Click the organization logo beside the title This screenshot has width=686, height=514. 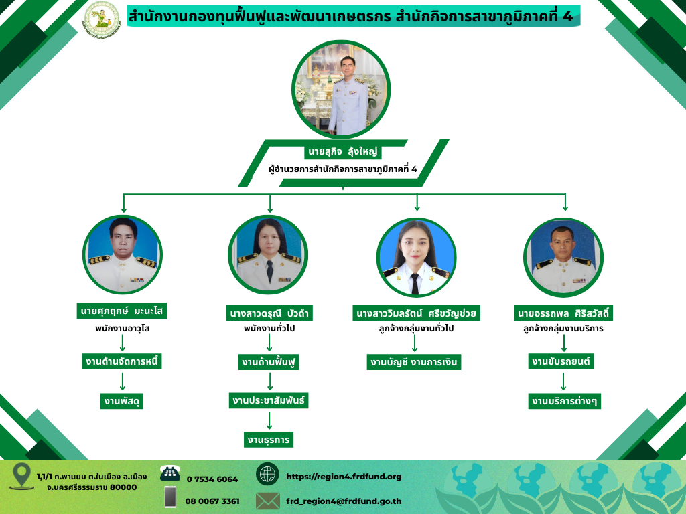pyautogui.click(x=102, y=20)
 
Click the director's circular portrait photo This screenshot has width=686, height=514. pyautogui.click(x=341, y=90)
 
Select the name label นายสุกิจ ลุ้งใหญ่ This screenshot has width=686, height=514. pyautogui.click(x=342, y=152)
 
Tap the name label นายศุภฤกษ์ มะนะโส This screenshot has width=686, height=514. pyautogui.click(x=122, y=311)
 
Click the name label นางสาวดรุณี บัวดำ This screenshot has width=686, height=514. pyautogui.click(x=269, y=313)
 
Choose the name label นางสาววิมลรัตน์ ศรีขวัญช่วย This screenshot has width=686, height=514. pyautogui.click(x=416, y=313)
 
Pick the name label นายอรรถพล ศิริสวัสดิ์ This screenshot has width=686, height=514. pyautogui.click(x=563, y=313)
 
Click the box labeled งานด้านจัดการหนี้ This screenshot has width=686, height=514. pyautogui.click(x=122, y=362)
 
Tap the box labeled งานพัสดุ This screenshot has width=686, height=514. pyautogui.click(x=122, y=401)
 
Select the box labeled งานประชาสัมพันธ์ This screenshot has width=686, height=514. pyautogui.click(x=269, y=400)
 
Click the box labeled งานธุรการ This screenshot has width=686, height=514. pyautogui.click(x=269, y=440)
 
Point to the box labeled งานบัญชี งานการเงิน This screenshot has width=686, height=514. pyautogui.click(x=414, y=362)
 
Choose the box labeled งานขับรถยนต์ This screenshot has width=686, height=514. pyautogui.click(x=561, y=361)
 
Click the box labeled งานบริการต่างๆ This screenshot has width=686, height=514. pyautogui.click(x=564, y=401)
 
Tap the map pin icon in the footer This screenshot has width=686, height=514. pyautogui.click(x=21, y=476)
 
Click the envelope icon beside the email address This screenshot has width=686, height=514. pyautogui.click(x=268, y=501)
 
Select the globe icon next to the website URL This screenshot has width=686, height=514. pyautogui.click(x=267, y=474)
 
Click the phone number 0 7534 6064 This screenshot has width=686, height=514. pyautogui.click(x=212, y=479)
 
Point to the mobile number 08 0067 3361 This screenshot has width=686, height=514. pyautogui.click(x=212, y=501)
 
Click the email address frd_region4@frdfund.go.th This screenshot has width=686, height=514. pyautogui.click(x=344, y=501)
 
